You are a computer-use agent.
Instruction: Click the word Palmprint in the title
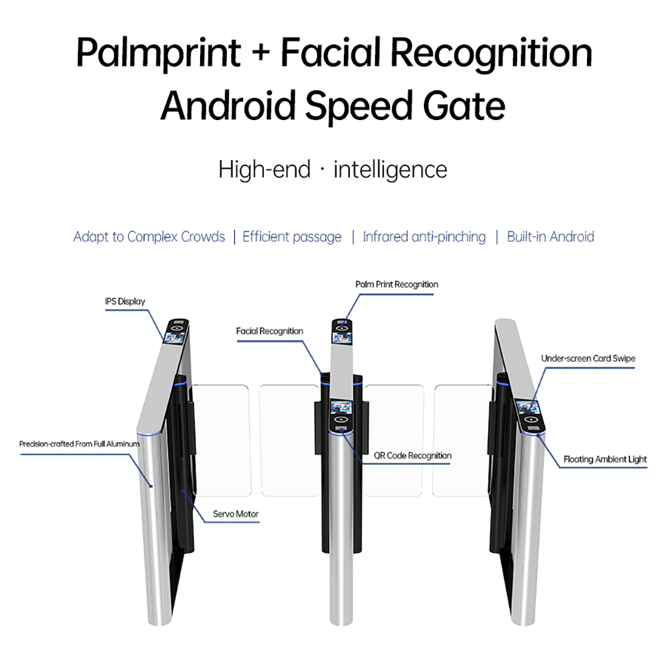[159, 53]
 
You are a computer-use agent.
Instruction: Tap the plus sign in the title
[260, 53]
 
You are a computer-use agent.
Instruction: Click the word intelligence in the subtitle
[390, 170]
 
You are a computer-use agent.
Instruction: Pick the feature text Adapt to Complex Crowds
[149, 237]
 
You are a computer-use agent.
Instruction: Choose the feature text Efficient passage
[292, 237]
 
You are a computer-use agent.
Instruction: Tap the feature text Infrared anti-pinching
[424, 237]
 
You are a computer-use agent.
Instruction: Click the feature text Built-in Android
[550, 237]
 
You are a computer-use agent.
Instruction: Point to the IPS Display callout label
[125, 301]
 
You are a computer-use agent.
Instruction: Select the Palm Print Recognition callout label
[397, 284]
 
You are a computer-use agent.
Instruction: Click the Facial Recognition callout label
[269, 331]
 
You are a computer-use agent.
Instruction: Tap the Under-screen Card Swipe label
[588, 358]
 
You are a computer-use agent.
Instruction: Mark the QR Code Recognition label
[412, 455]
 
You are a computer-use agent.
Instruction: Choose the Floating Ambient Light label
[605, 459]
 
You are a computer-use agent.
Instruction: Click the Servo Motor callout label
[235, 514]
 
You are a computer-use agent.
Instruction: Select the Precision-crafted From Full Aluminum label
[79, 444]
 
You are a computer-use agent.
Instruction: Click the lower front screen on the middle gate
[341, 411]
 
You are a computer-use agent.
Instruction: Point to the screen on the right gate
[528, 412]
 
